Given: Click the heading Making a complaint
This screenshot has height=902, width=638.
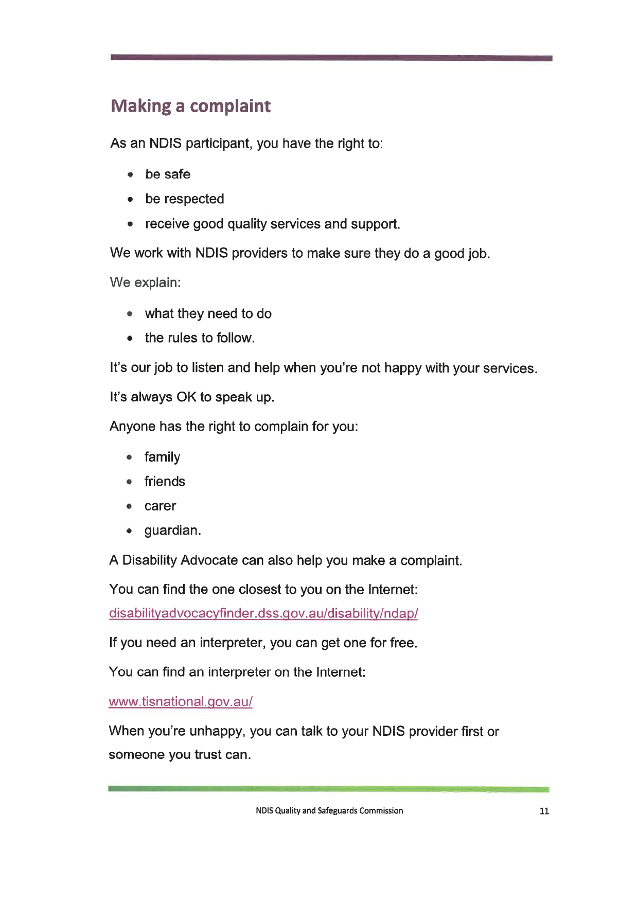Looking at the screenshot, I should (x=190, y=106).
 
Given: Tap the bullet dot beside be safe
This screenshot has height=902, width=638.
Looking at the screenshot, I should (x=131, y=175).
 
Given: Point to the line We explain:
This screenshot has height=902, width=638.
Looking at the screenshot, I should (x=145, y=282).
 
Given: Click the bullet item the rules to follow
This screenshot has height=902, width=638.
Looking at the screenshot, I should (x=200, y=338).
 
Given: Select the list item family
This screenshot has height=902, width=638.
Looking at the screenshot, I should (x=162, y=457).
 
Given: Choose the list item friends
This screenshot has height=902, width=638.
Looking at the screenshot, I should (x=165, y=482).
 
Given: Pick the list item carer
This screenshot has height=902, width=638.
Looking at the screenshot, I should (x=160, y=506).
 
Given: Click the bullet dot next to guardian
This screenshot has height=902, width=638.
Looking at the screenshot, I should (x=130, y=531).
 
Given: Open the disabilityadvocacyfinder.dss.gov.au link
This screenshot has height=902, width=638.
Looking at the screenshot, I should (x=263, y=613).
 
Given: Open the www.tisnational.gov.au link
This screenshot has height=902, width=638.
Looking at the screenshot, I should (x=181, y=702).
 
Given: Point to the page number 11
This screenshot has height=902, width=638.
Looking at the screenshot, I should (x=544, y=811).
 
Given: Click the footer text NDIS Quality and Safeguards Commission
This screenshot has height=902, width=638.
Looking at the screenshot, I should (x=329, y=811).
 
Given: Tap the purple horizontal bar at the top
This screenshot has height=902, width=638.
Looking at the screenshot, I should (x=331, y=58).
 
